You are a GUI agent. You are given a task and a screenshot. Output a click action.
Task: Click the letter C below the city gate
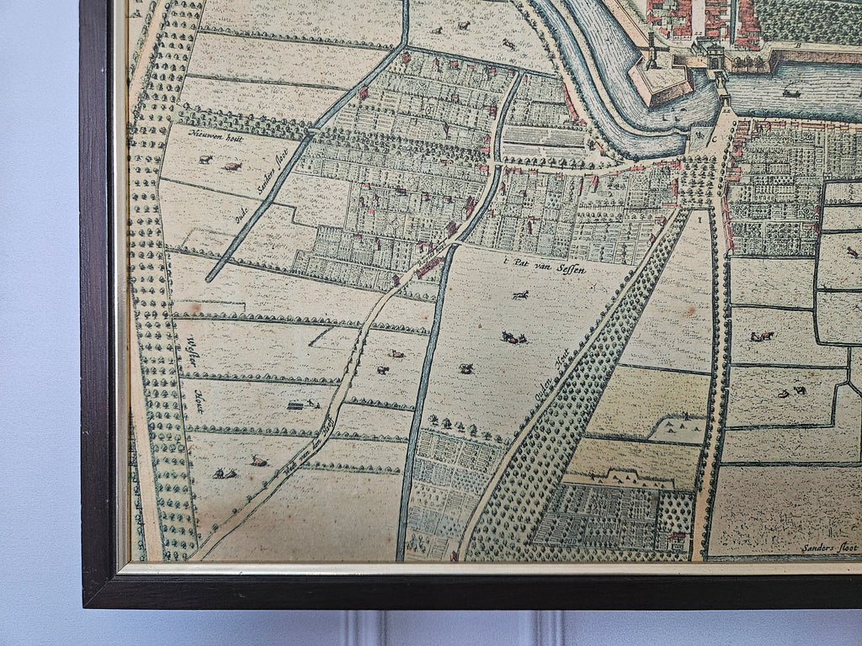713,140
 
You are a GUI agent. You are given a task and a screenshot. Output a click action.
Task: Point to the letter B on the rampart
797,46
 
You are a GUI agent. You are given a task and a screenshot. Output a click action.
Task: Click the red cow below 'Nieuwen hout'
231,167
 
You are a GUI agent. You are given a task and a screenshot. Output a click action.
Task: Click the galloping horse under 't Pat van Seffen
520,295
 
